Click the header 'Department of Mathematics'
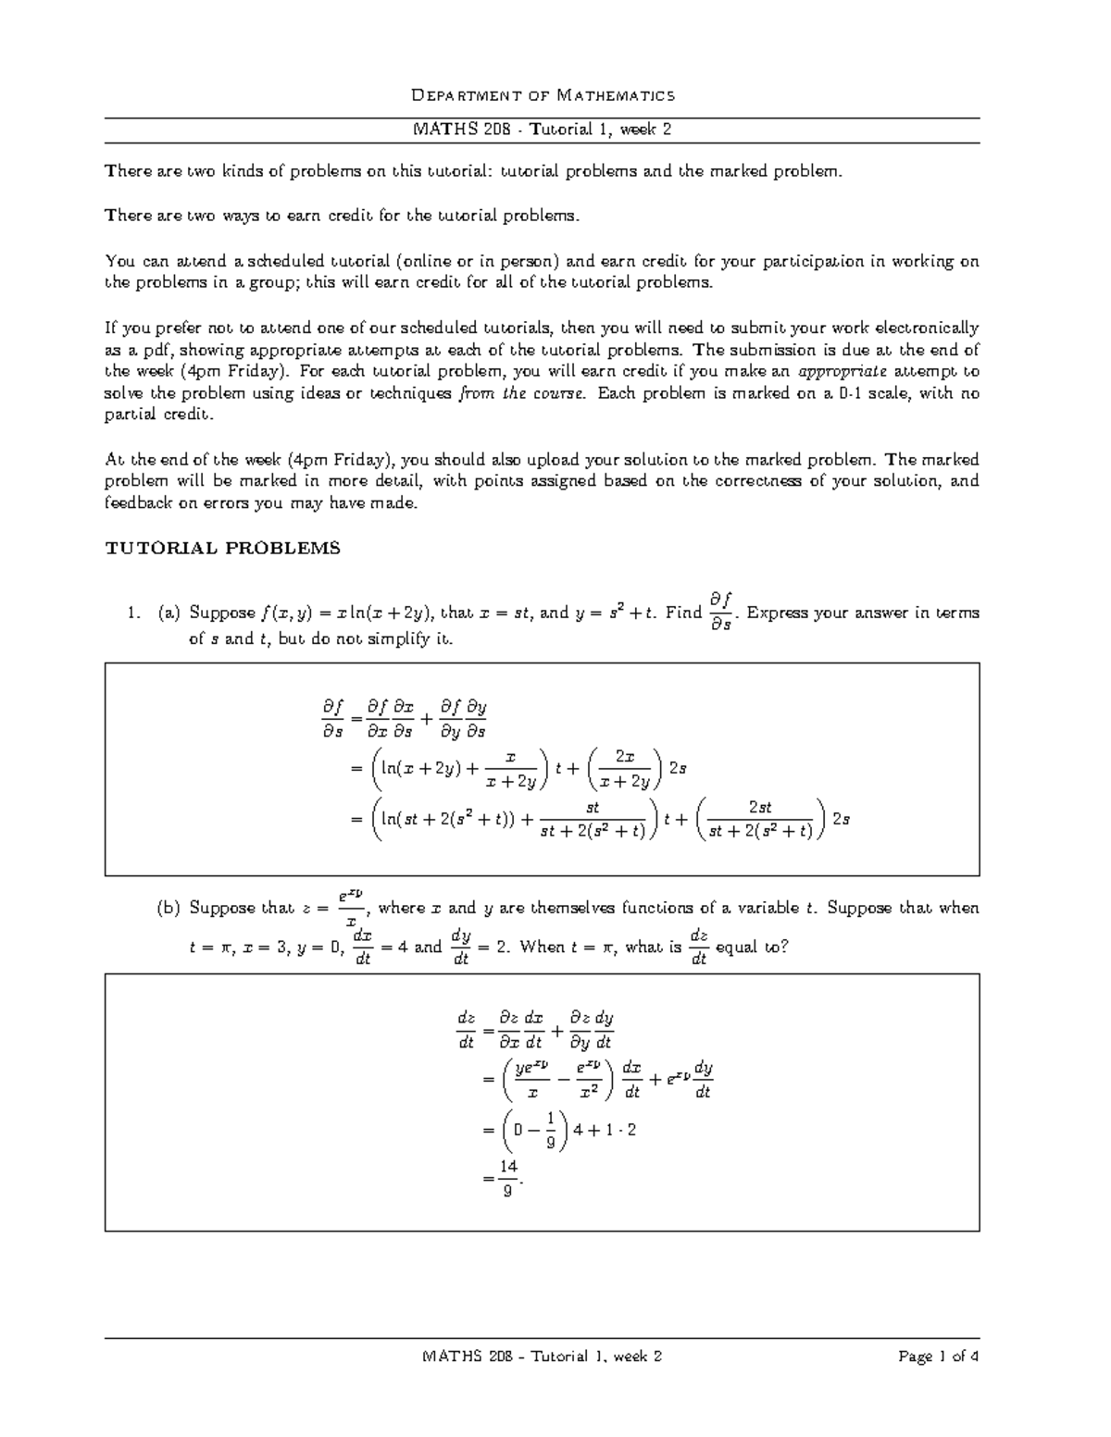[543, 94]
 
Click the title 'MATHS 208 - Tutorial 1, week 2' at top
[543, 130]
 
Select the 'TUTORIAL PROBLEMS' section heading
[223, 548]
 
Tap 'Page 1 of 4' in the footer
[939, 1356]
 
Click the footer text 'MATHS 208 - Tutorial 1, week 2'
[543, 1356]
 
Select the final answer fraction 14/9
[506, 1177]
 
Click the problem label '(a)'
[169, 613]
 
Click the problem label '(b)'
[169, 908]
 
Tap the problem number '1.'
[135, 613]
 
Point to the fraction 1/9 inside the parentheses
[550, 1131]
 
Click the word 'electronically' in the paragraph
[928, 328]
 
